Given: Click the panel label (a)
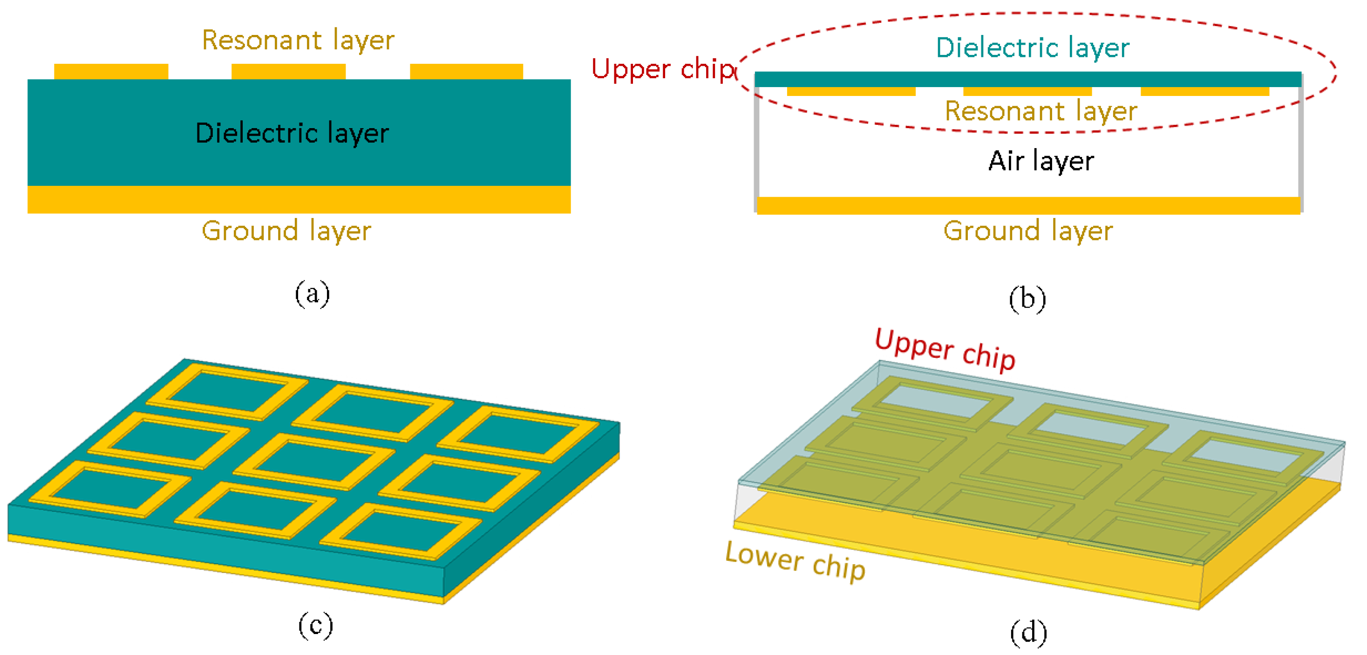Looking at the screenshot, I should tap(312, 293).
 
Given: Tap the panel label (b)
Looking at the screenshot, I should tap(1027, 298).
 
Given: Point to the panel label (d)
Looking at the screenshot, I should tap(1028, 632).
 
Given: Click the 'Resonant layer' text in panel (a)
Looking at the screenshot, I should tap(298, 41).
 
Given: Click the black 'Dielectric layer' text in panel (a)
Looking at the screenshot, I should tap(292, 133).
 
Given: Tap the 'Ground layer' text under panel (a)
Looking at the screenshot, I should tap(286, 231).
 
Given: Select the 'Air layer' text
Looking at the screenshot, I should tap(1041, 161).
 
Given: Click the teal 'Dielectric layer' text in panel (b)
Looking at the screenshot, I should tap(1032, 48).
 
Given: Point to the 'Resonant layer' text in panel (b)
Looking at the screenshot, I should tap(1041, 111).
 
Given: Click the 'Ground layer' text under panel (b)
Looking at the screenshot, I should tap(1028, 231).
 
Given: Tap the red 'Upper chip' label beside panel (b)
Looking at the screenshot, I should tap(663, 69).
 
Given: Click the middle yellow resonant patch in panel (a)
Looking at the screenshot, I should tap(288, 72).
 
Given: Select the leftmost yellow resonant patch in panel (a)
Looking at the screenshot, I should tap(111, 72).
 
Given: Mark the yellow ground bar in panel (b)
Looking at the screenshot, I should tap(1028, 205).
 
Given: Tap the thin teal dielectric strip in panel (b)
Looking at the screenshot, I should tap(1028, 79).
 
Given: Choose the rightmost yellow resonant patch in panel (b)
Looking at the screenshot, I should tap(1204, 92).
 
